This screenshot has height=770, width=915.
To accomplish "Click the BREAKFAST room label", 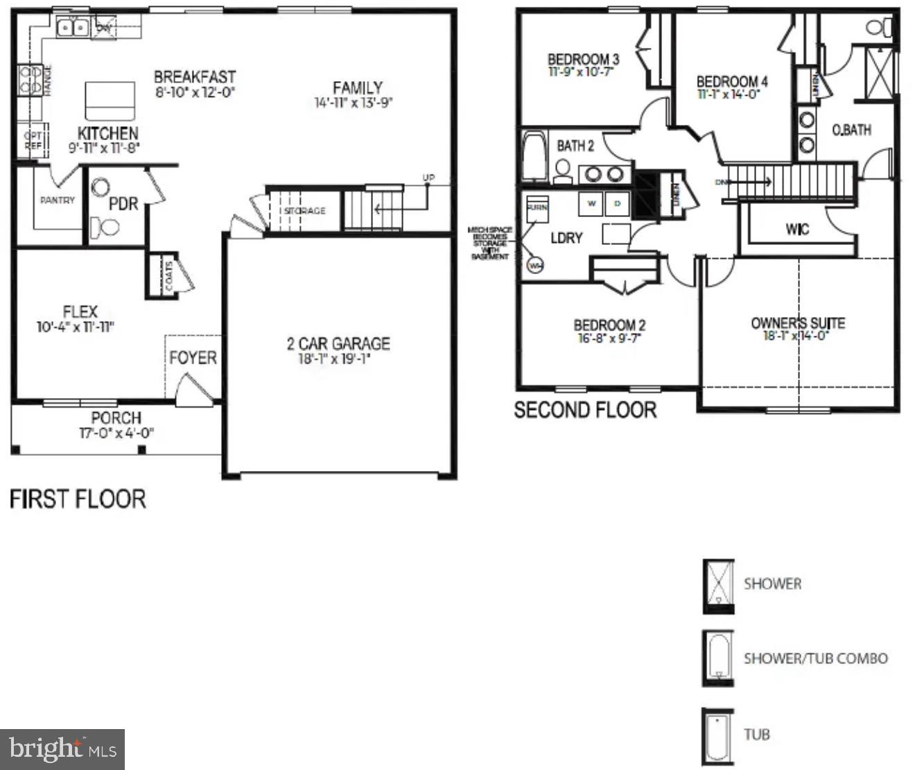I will (194, 77).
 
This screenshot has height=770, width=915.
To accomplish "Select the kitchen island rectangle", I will (110, 101).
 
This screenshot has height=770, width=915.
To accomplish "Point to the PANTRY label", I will (57, 200).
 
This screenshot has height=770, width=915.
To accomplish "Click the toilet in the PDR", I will (105, 225).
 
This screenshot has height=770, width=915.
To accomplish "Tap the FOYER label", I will (193, 358).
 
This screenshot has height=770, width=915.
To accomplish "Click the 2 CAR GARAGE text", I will (338, 344).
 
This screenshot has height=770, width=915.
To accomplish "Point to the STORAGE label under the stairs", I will (304, 211).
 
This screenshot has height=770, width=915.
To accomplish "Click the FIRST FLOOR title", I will (78, 499).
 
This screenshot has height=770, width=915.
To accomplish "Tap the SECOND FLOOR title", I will (584, 410).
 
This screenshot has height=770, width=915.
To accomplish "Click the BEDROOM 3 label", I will (583, 60).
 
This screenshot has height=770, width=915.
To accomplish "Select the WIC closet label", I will (796, 229).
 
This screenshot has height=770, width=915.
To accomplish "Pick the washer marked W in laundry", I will (592, 204).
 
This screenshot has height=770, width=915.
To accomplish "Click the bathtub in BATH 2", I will (534, 157).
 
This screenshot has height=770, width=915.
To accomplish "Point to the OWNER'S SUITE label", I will (798, 323).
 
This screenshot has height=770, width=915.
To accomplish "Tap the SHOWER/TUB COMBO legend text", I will (815, 658).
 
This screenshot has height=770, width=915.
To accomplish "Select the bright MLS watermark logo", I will (62, 749).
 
